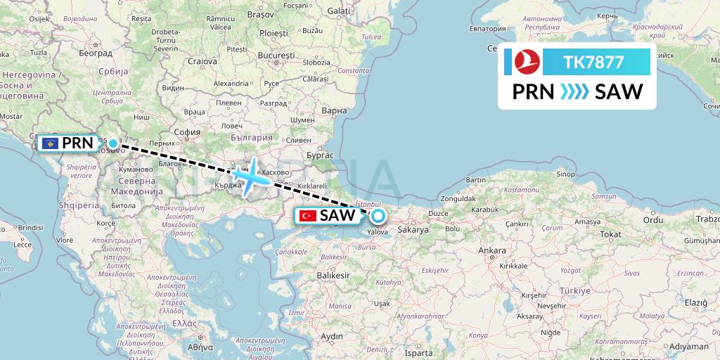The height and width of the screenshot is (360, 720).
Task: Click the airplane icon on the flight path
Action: (252, 176)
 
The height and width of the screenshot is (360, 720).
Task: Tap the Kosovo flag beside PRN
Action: (51, 143)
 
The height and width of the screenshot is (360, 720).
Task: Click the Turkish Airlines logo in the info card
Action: (522, 62)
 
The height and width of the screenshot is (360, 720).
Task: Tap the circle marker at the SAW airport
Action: (378, 216)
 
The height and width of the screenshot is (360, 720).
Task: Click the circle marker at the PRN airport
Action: (112, 143)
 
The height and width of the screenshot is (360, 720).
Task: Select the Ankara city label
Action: (491, 251)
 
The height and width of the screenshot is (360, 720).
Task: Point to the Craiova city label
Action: (202, 60)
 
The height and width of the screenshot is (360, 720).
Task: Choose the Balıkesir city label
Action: (333, 276)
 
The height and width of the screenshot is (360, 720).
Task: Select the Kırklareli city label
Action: (314, 186)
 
